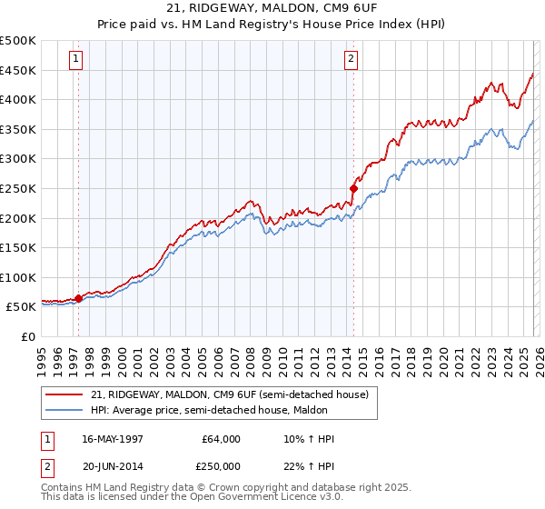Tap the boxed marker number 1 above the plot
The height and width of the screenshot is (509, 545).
pyautogui.click(x=77, y=60)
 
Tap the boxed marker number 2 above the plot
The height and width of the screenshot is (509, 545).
pyautogui.click(x=352, y=60)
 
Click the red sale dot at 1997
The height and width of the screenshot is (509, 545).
pyautogui.click(x=79, y=297)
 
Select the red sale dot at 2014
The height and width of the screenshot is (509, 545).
pyautogui.click(x=353, y=188)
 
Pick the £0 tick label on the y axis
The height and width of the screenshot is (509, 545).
pyautogui.click(x=29, y=336)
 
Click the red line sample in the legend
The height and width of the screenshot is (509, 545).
pyautogui.click(x=65, y=394)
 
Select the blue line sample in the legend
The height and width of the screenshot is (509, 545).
pyautogui.click(x=65, y=410)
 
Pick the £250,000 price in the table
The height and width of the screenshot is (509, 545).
pyautogui.click(x=222, y=465)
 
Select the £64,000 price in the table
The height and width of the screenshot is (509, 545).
pyautogui.click(x=222, y=439)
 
